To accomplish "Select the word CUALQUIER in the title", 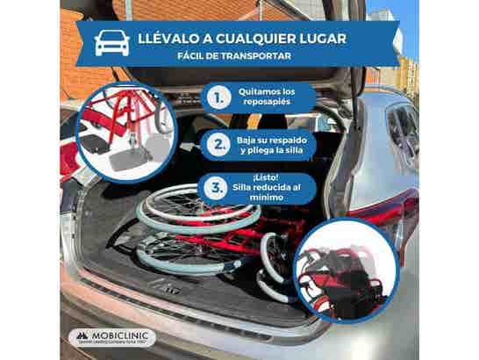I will [255, 39].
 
